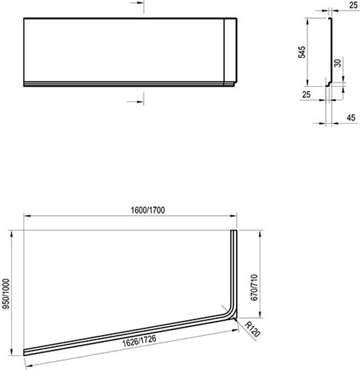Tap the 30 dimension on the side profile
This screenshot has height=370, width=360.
[338, 65]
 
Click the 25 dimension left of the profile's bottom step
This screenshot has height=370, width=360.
[307, 95]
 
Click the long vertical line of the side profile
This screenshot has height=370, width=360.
[327, 52]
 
